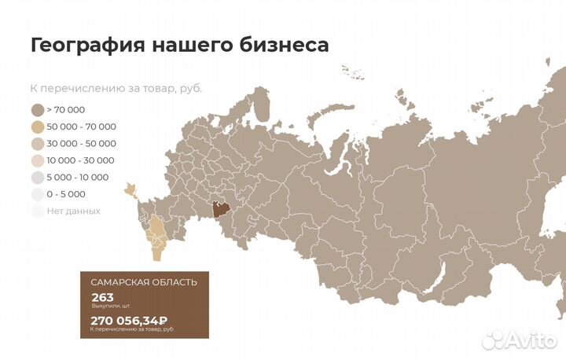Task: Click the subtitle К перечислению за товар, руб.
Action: point(116,88)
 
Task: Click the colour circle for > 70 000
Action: point(37,110)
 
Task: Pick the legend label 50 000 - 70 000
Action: point(81,127)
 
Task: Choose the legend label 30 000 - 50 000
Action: point(81,144)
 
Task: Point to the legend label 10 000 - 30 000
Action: point(81,160)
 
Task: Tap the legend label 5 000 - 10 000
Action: point(78,178)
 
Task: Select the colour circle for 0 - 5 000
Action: point(37,194)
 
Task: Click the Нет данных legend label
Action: point(74,211)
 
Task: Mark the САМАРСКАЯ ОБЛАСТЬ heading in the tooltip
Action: point(144,282)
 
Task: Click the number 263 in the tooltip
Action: point(102,297)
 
